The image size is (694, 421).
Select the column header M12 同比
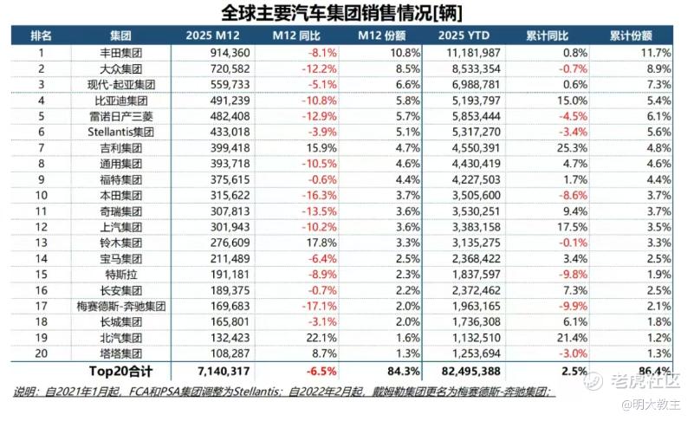pyautogui.click(x=300, y=36)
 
